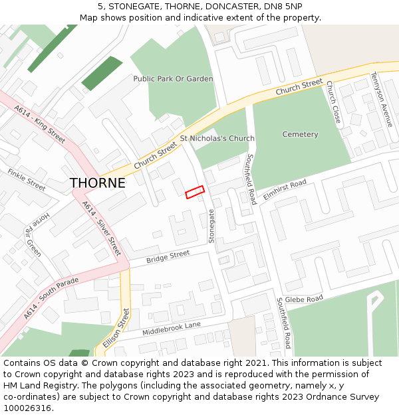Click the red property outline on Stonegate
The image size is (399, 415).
coord(194,191)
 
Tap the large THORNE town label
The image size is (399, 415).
coord(97,183)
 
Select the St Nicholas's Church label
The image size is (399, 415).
coord(217,139)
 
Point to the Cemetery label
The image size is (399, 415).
coord(300,134)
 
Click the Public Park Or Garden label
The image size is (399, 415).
coord(173,78)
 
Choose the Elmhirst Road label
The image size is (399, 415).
coord(284,187)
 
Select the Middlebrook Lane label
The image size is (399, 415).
coord(171,328)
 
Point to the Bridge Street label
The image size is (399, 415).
coord(168,257)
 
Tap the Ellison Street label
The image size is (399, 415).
coord(116,327)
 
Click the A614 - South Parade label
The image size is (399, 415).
coord(51,298)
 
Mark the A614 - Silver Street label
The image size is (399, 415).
coord(102,228)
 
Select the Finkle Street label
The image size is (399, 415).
coord(27,180)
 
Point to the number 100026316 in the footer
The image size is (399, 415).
coord(27,408)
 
